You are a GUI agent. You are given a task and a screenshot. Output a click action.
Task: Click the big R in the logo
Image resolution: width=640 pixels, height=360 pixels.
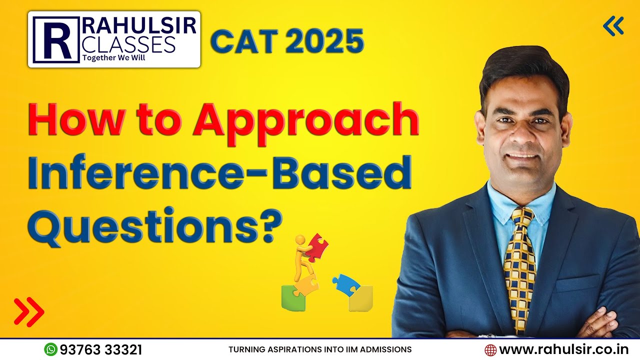(x=55, y=39)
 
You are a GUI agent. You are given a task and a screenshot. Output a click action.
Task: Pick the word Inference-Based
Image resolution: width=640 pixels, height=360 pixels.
(x=219, y=172)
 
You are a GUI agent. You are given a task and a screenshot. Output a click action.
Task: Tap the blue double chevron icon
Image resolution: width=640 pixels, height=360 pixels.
(x=613, y=26)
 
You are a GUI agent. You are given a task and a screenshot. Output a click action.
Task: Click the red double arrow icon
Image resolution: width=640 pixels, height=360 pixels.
(x=29, y=311)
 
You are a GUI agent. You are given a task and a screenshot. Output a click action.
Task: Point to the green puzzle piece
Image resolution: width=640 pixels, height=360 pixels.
(x=293, y=298)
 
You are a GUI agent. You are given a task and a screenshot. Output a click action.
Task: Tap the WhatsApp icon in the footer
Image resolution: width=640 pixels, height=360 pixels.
(x=50, y=349)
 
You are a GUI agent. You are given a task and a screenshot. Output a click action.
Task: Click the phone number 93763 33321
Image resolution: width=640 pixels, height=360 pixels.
(x=101, y=349)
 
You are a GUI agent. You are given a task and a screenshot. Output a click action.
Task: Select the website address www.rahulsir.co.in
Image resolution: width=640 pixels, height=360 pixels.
(x=563, y=349)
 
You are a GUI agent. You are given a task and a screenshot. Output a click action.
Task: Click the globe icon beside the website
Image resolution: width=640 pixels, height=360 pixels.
(x=490, y=349)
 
